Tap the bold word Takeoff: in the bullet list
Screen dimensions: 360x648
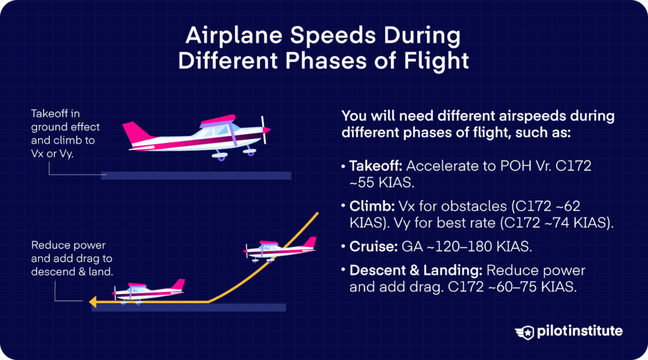tap(375, 166)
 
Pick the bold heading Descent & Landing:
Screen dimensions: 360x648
tap(416, 271)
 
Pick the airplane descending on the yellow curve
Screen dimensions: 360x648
tap(279, 249)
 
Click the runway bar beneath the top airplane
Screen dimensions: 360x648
tap(196, 175)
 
